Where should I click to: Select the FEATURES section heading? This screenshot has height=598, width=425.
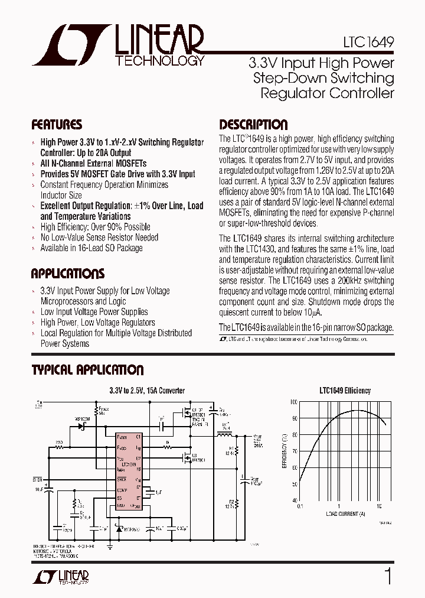(57, 125)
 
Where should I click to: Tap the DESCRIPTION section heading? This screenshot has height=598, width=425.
(253, 125)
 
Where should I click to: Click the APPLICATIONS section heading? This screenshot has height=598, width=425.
(67, 274)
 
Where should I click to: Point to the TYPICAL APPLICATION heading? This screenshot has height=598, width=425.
(87, 370)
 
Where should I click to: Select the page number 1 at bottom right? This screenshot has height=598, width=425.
(388, 576)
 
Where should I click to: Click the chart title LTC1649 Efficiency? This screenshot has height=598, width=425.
(345, 391)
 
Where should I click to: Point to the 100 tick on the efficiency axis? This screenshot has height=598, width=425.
(294, 402)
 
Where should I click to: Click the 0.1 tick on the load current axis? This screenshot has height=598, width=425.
(300, 506)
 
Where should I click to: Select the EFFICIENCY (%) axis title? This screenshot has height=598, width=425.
(285, 451)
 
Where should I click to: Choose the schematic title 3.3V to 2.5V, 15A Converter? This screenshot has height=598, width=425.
(147, 391)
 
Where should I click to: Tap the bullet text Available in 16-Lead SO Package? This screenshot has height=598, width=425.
(91, 248)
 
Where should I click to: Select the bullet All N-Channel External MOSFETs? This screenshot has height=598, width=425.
(93, 163)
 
